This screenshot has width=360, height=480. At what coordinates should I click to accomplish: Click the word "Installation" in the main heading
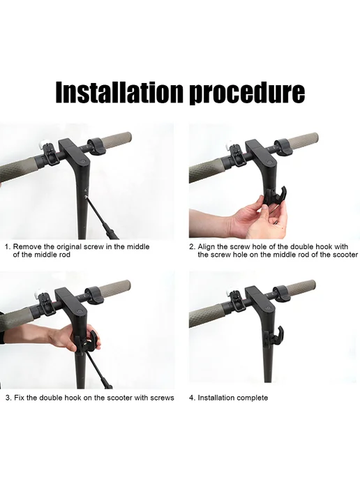pos(120,92)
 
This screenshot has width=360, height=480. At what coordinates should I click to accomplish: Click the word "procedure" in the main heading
pos(248,93)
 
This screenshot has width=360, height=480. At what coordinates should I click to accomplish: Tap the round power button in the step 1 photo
pos(83,161)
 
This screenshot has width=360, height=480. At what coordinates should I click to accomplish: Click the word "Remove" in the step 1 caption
pos(26,247)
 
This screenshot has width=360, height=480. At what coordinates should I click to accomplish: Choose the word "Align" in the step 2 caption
pos(206,248)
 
